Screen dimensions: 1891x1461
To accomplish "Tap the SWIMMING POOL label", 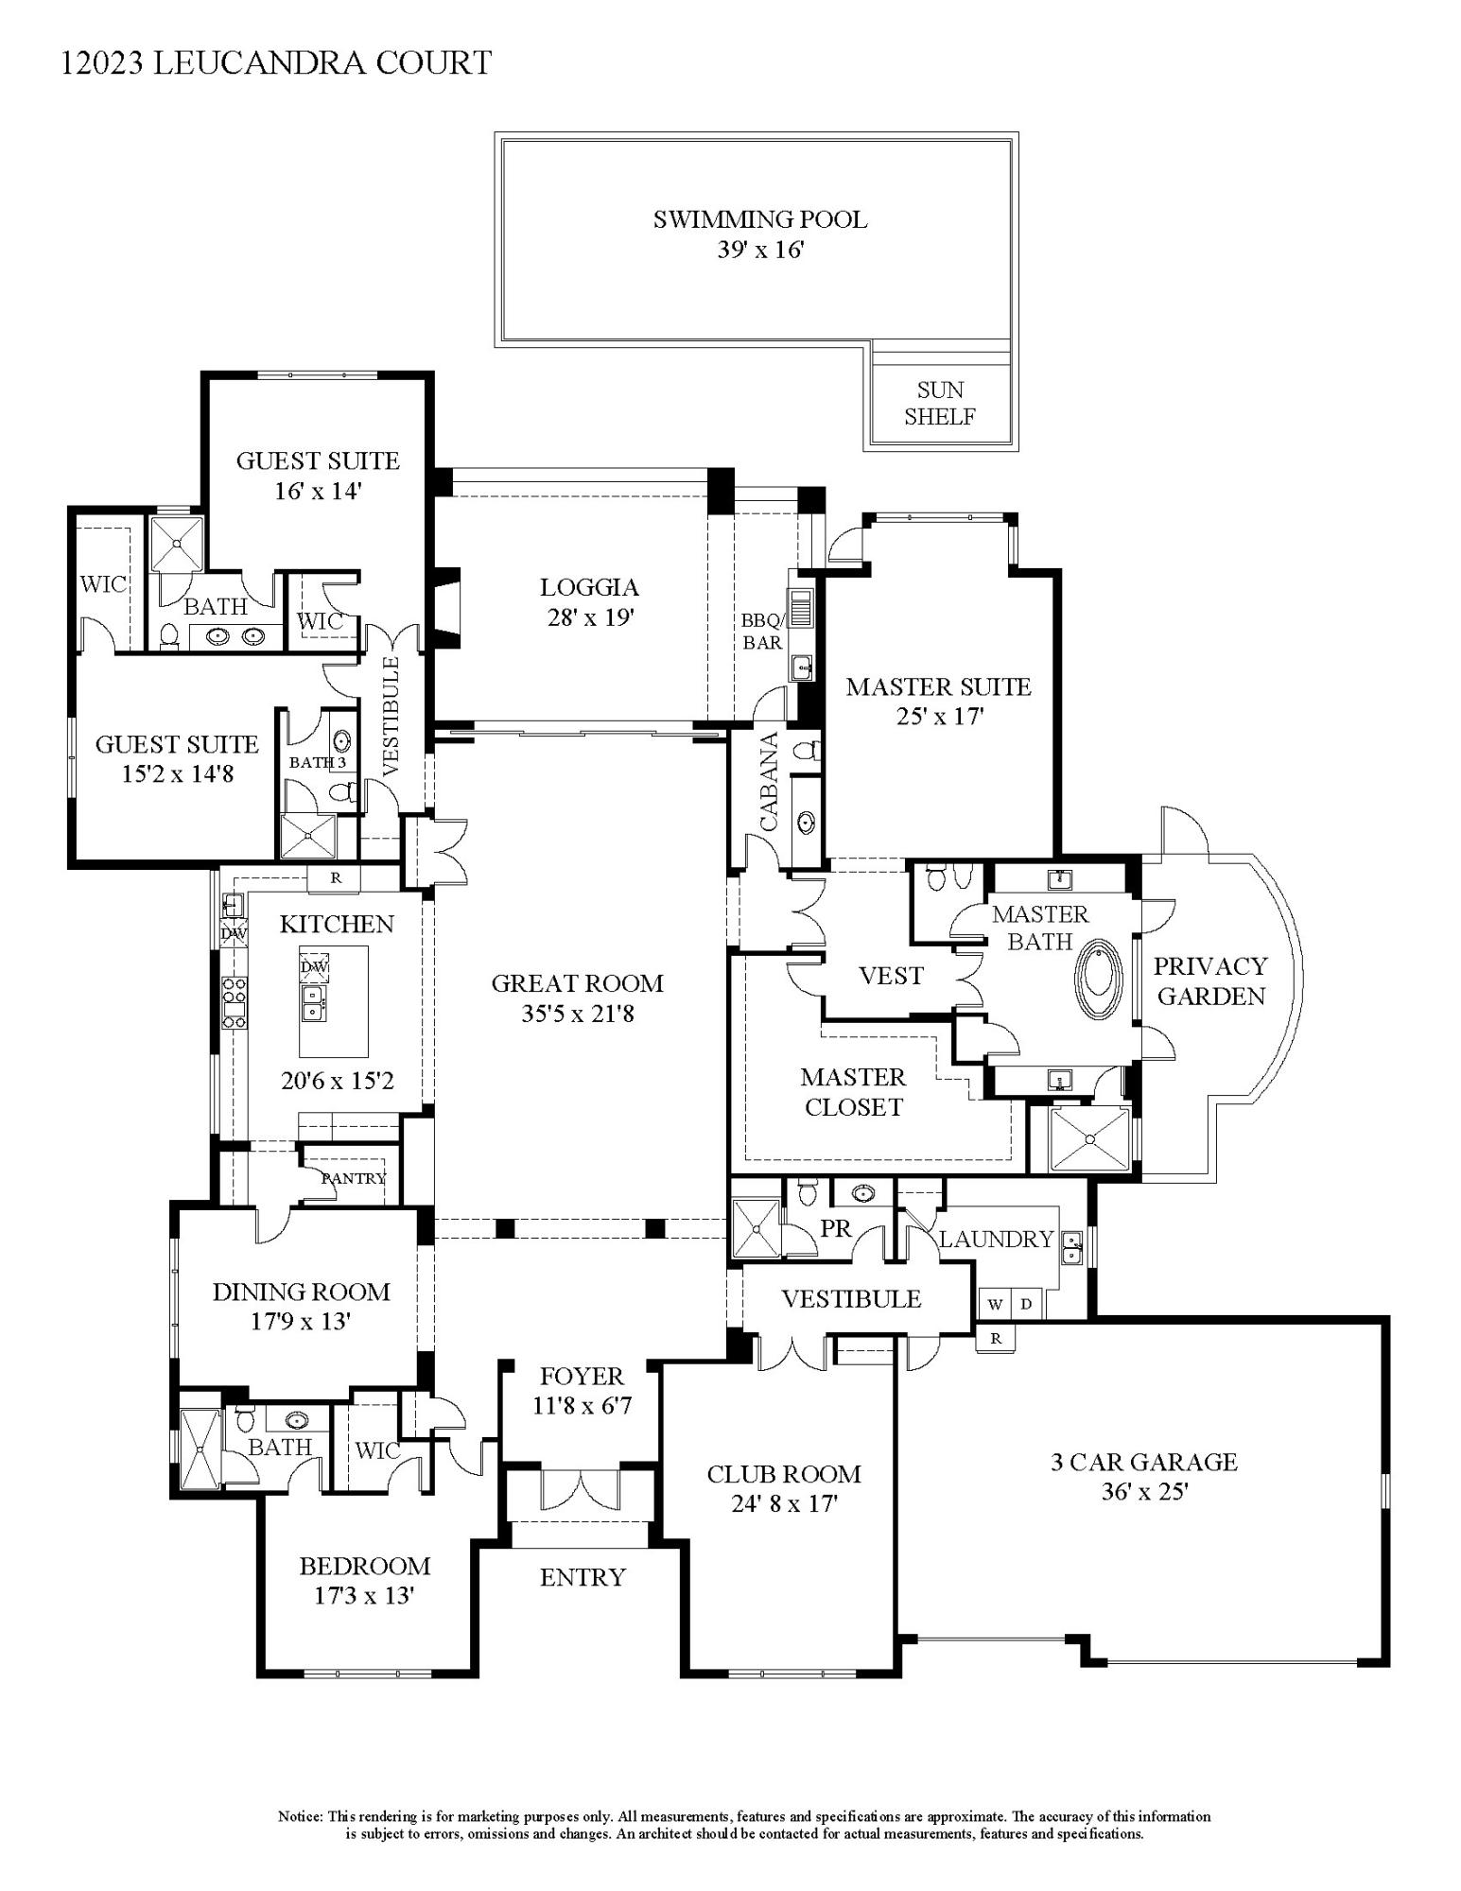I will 759,219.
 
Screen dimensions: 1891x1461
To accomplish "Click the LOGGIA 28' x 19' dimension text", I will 589,617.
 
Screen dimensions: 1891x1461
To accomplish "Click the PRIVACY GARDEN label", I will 1210,980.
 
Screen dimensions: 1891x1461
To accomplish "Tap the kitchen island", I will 334,1000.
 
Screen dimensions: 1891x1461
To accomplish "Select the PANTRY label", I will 354,1178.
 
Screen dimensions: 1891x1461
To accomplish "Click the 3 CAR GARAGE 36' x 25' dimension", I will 1143,1492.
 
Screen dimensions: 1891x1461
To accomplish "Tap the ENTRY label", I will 583,1576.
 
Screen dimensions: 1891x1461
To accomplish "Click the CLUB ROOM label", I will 784,1474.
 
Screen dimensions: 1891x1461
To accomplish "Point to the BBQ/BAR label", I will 761,632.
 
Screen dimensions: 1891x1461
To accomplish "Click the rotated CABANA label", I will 768,781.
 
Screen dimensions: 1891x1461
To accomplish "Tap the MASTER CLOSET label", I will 853,1091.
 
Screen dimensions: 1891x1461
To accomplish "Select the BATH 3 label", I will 317,762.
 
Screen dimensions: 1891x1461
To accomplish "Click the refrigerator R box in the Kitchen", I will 335,878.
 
